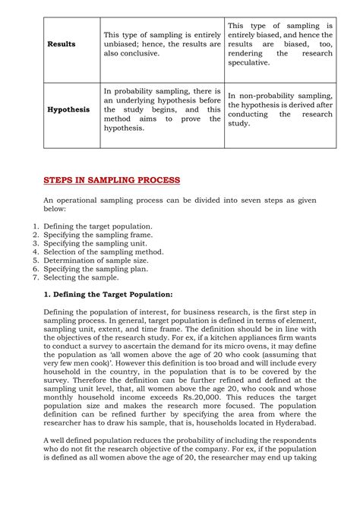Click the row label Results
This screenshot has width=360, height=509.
click(62, 44)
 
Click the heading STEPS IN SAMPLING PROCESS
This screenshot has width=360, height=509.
click(112, 180)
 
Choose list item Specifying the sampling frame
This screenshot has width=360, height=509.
click(97, 235)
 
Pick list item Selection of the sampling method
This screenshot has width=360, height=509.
click(103, 251)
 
